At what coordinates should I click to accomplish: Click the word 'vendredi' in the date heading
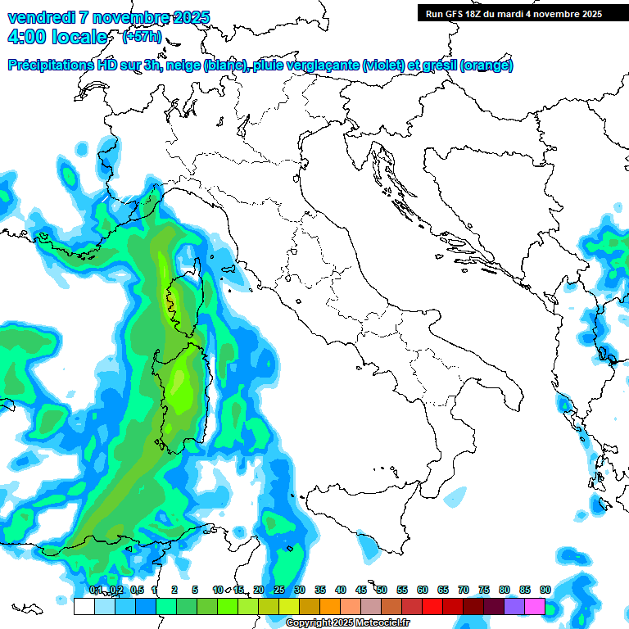point(39,17)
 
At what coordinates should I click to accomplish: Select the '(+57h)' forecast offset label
point(142,37)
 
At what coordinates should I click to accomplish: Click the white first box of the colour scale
point(84,606)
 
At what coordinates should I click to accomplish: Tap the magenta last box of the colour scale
point(535,606)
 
